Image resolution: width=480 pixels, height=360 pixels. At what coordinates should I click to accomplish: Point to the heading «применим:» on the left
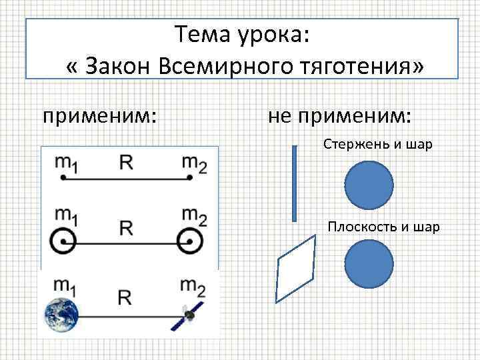(100, 116)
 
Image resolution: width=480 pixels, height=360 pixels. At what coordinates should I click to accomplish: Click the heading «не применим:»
(339, 116)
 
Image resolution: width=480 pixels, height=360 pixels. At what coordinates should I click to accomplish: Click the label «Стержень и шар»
(378, 144)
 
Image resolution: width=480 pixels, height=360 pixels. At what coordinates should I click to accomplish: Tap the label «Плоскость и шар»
(383, 227)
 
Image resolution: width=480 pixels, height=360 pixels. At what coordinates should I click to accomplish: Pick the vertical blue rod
(295, 184)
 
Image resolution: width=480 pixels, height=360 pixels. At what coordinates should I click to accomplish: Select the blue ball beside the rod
(369, 187)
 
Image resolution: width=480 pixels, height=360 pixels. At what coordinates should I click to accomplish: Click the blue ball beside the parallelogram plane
(369, 265)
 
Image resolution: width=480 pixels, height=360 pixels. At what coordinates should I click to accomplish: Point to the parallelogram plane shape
(296, 270)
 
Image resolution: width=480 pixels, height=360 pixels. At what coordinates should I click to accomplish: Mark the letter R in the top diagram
(127, 162)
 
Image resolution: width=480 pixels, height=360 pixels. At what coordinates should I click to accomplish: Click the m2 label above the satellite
(193, 288)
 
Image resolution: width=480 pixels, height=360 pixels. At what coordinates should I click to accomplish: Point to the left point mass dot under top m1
(62, 177)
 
